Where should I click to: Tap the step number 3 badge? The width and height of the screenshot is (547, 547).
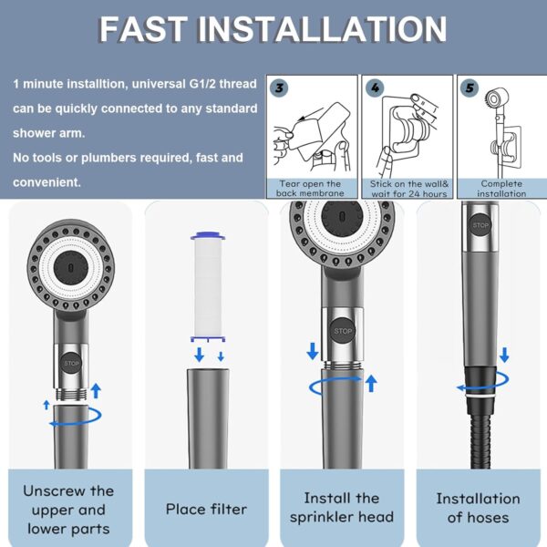tap(280, 88)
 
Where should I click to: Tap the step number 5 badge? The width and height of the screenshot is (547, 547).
tap(470, 88)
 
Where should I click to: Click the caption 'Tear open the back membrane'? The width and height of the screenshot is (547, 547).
tap(309, 189)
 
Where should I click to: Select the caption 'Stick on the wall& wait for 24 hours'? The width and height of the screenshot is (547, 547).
tap(408, 189)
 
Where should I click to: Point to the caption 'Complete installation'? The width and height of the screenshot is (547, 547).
tap(501, 189)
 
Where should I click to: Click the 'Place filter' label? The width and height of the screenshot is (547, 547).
tap(206, 509)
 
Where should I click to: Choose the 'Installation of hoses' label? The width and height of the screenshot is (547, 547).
tap(478, 508)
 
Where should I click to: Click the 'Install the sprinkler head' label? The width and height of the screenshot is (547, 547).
tap(342, 508)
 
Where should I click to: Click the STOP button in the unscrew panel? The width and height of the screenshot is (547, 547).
tap(72, 363)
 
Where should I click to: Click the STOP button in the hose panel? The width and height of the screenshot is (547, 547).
tap(480, 224)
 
